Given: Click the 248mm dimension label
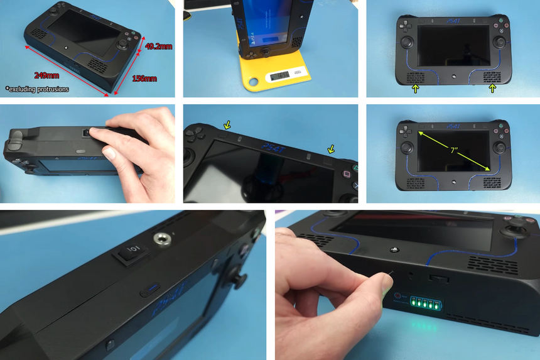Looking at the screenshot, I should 42,75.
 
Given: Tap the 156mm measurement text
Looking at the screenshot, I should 144,79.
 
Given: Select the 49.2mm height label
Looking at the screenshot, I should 158,46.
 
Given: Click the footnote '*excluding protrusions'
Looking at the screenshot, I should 37,89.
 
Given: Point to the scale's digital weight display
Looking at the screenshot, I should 279,75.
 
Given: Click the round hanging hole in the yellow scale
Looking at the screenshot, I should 255,82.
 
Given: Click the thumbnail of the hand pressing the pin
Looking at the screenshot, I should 407,285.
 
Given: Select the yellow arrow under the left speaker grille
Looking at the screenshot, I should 414,90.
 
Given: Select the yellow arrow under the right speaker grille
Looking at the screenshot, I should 492,90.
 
